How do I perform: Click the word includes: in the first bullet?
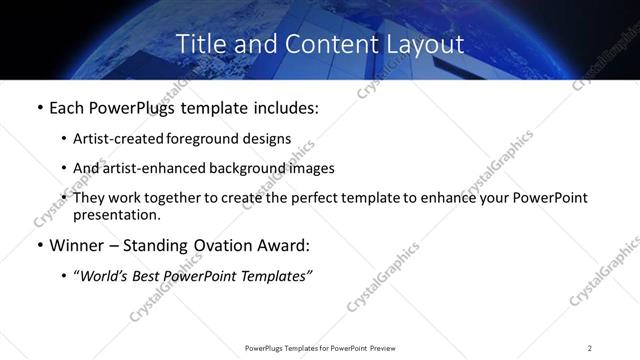[283, 108]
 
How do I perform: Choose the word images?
[306, 168]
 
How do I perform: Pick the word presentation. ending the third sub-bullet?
[116, 214]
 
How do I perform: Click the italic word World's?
[103, 276]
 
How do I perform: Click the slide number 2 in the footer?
[590, 348]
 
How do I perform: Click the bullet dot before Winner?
[39, 246]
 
